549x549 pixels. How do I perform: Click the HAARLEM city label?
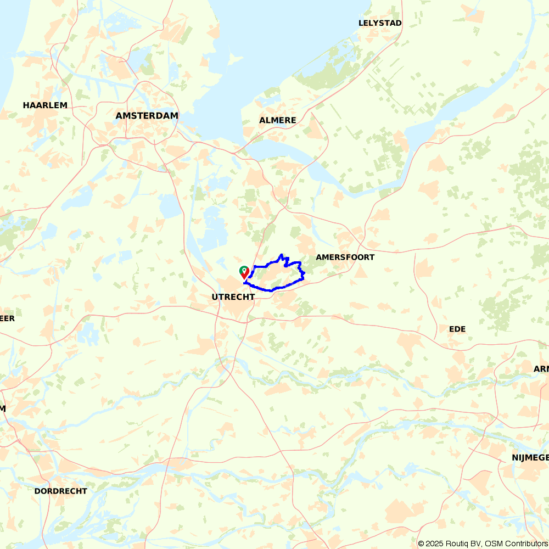click(45, 105)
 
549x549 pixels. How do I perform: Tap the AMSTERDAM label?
click(147, 116)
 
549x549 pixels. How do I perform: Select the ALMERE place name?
click(277, 120)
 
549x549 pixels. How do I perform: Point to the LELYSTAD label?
click(380, 23)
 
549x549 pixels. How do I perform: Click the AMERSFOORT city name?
click(345, 257)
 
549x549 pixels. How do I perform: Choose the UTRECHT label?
click(233, 296)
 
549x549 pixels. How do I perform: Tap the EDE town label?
click(457, 329)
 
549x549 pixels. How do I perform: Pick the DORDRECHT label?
click(60, 491)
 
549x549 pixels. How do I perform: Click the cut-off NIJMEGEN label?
click(530, 458)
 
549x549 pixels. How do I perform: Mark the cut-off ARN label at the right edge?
click(541, 369)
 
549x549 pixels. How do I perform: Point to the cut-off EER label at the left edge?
click(7, 318)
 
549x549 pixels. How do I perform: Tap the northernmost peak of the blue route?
click(282, 255)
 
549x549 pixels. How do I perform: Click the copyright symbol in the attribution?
click(421, 544)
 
